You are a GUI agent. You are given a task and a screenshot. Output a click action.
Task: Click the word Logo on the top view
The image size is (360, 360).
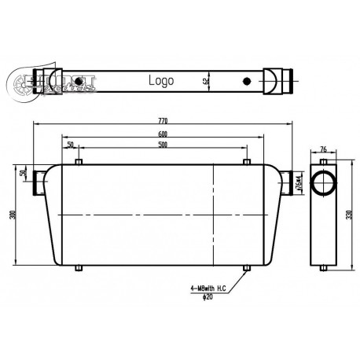coord(161,80)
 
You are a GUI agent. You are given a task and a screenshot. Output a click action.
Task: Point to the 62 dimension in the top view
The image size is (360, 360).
coord(207,79)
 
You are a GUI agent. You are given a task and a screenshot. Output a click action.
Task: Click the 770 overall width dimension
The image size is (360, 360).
coord(163,121)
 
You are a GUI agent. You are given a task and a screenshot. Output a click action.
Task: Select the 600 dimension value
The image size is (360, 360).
coord(162,134)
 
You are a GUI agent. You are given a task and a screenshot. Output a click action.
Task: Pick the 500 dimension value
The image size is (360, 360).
coord(162,145)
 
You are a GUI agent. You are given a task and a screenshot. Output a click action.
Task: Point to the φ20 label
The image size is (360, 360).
coord(207,296)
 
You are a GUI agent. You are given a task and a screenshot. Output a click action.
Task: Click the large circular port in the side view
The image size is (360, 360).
coord(322,183)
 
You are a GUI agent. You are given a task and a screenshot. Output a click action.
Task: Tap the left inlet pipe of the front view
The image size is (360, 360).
coord(38,185)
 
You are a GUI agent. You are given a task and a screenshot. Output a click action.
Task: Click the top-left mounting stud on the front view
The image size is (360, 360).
coord(78,163)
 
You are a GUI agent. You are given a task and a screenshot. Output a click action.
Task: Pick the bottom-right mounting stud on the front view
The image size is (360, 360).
coord(248,269)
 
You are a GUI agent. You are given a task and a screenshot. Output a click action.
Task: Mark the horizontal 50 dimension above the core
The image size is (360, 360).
coord(71,145)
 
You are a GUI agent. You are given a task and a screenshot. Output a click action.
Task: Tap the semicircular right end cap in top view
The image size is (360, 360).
coord(271,80)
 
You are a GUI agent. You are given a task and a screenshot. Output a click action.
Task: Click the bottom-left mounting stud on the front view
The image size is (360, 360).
coord(78,269)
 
